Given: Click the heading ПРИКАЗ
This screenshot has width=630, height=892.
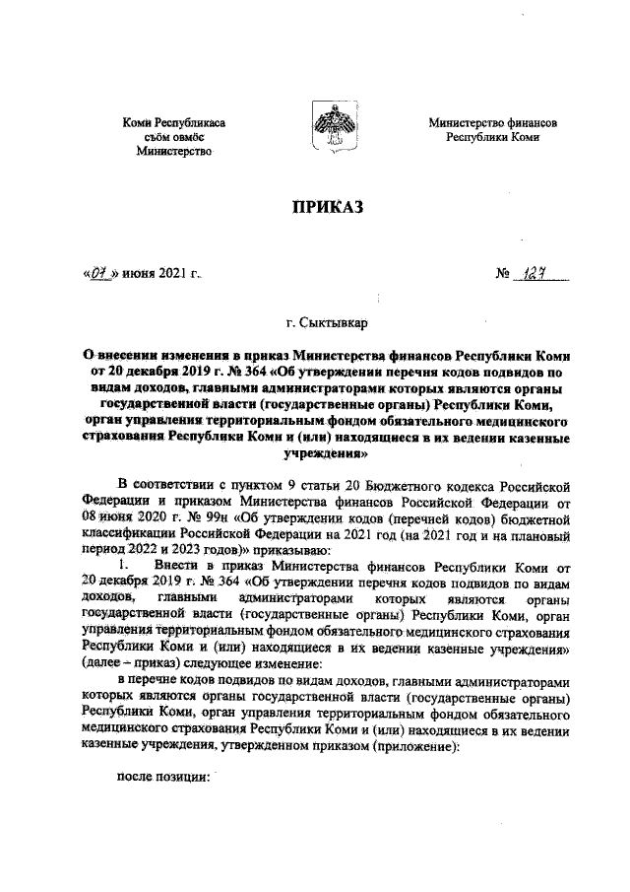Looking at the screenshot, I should tap(326, 206).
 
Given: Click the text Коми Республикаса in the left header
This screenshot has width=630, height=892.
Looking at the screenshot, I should tap(173, 123).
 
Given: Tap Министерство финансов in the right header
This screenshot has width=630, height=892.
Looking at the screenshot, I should tap(492, 123).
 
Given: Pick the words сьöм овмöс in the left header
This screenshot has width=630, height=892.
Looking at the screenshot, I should tap(173, 138).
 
